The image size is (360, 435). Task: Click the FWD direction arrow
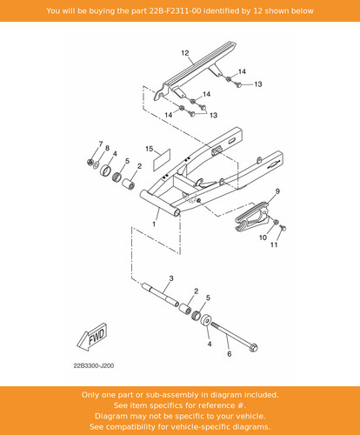(93, 337)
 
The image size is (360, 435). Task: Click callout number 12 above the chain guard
(185, 53)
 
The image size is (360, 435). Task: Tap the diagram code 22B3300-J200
(94, 365)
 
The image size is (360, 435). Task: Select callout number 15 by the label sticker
(149, 149)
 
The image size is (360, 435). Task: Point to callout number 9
(277, 191)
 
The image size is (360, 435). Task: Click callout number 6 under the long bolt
(230, 354)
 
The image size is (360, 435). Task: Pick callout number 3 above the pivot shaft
(171, 278)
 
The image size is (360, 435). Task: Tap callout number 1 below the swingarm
(154, 224)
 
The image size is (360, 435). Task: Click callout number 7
(101, 144)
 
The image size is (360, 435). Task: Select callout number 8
(107, 148)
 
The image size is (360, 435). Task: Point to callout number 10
(263, 238)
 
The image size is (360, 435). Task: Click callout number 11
(274, 244)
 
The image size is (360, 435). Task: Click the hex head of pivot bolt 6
(253, 347)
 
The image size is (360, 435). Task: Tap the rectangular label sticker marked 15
(162, 160)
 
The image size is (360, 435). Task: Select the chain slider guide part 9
(251, 216)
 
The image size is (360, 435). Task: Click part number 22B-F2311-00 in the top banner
(175, 11)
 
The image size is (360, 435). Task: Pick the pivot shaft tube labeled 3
(160, 295)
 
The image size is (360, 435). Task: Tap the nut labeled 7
(90, 162)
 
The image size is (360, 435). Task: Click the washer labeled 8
(96, 164)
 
